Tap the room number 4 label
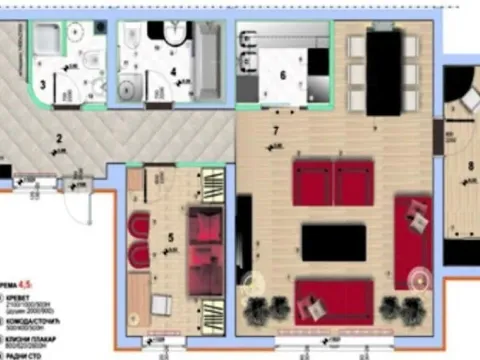(x=173, y=72)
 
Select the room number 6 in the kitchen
(x=282, y=74)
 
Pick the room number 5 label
(x=170, y=236)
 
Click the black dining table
(x=380, y=73)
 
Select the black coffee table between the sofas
(x=333, y=241)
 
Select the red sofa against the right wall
(x=412, y=240)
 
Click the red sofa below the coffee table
(x=333, y=297)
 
